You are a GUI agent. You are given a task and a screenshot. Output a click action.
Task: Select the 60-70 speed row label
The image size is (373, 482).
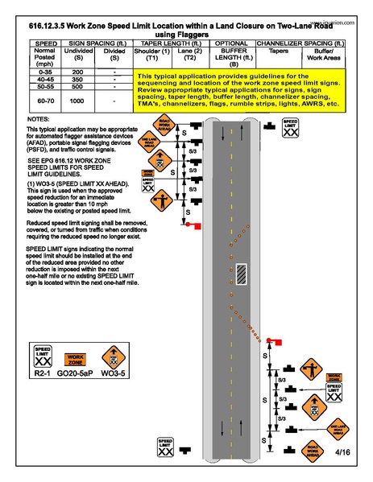pos(44,101)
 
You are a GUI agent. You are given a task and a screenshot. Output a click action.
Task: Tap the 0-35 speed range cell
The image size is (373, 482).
pos(44,72)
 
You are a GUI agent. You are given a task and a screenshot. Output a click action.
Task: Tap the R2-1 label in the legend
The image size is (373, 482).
pos(44,374)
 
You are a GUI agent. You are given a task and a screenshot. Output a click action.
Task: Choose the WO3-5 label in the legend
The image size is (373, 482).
pos(115,374)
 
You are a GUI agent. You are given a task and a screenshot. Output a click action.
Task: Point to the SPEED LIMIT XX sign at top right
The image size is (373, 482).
pos(291,126)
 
